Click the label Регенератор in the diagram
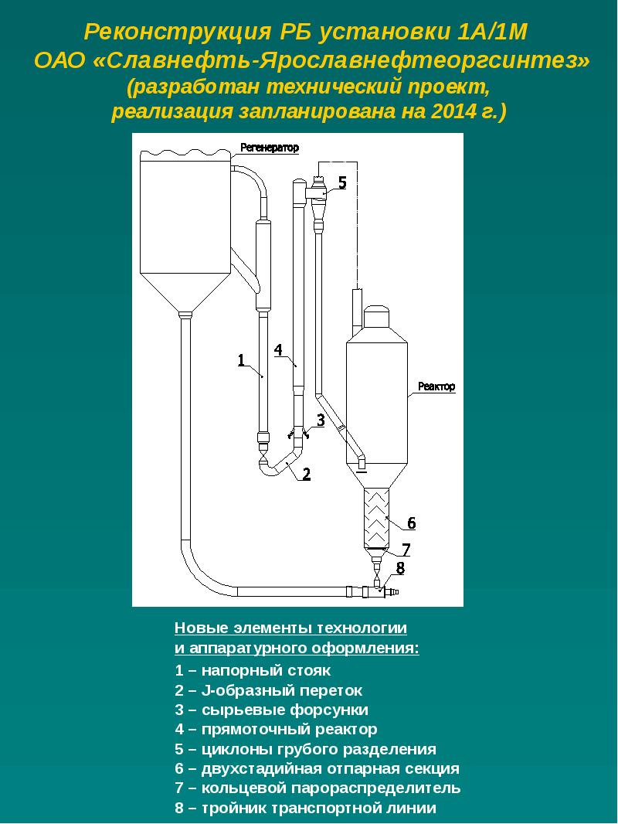tap(270, 147)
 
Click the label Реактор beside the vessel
tap(436, 386)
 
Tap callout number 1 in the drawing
tap(241, 359)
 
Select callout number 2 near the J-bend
tap(306, 474)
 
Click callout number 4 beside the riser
tap(278, 349)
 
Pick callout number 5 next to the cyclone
tap(341, 182)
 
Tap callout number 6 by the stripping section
tap(412, 523)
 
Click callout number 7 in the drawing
tap(406, 550)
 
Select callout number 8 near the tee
tap(399, 569)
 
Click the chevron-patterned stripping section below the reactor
tap(377, 516)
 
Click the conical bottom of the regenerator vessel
tap(185, 287)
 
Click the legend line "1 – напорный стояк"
tap(253, 670)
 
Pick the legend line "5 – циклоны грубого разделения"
tap(305, 749)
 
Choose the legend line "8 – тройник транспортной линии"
tap(305, 809)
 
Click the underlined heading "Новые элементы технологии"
tap(290, 627)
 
